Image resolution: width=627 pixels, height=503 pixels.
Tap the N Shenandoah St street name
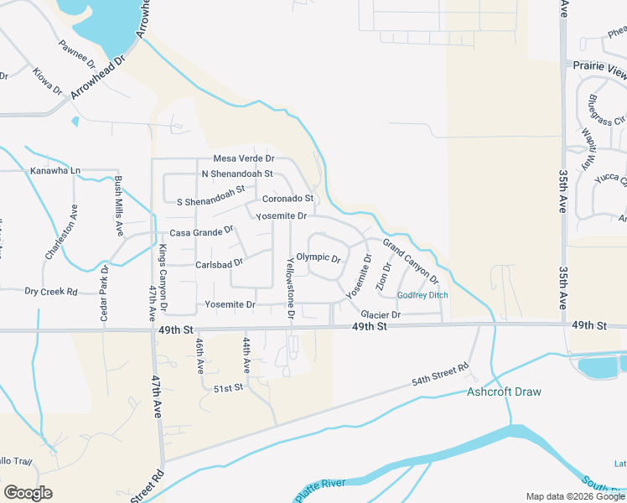click(237, 174)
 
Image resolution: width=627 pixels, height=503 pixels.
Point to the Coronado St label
click(288, 199)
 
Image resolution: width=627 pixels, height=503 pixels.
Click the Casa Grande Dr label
click(201, 232)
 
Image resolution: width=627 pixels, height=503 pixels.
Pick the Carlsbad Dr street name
click(219, 263)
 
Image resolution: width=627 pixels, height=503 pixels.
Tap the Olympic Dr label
click(319, 258)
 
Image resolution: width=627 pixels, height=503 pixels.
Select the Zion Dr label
click(383, 277)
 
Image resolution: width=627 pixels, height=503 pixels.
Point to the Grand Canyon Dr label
click(412, 262)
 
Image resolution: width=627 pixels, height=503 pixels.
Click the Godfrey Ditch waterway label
click(422, 296)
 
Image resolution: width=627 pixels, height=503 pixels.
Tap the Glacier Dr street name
click(382, 314)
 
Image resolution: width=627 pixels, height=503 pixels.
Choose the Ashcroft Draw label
click(504, 392)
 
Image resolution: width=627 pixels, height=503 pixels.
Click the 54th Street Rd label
click(440, 376)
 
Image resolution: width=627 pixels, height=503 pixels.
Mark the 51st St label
click(228, 388)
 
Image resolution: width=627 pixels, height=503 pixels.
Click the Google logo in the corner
click(28, 493)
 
